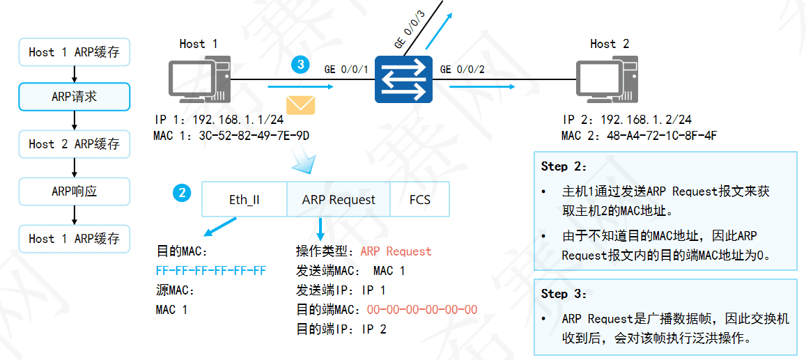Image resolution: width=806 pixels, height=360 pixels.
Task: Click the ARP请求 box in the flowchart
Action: click(x=74, y=97)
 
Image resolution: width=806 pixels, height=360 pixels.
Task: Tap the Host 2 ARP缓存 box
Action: click(x=74, y=144)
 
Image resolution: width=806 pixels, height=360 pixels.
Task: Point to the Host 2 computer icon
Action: click(x=605, y=80)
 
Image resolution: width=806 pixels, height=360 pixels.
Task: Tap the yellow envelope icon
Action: click(x=300, y=105)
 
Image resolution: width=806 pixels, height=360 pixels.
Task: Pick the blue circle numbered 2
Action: click(x=182, y=193)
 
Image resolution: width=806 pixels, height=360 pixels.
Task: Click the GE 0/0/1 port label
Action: click(x=346, y=70)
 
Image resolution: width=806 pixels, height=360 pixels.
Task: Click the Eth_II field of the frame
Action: click(x=244, y=200)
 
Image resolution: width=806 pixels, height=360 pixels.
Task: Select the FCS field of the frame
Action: click(x=419, y=200)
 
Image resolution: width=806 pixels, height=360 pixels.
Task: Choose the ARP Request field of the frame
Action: click(x=339, y=200)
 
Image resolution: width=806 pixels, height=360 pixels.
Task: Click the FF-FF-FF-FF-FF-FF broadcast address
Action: click(x=211, y=270)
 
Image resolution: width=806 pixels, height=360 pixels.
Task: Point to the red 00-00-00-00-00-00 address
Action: click(x=422, y=309)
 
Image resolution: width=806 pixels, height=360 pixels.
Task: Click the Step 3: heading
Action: click(x=564, y=294)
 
